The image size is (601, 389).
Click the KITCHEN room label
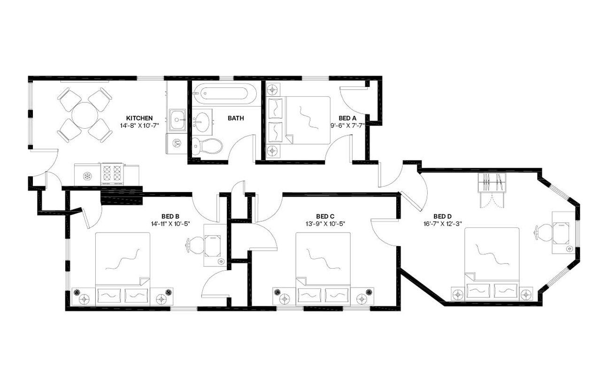[139, 118]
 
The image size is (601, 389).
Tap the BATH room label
[236, 118]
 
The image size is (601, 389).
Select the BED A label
[347, 118]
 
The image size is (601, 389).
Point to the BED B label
[170, 216]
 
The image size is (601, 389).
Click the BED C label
[325, 216]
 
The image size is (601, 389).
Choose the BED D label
[443, 216]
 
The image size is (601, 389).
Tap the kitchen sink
[177, 120]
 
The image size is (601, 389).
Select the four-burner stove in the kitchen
[112, 172]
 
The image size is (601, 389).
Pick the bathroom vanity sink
[203, 121]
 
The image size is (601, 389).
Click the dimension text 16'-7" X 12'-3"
[443, 224]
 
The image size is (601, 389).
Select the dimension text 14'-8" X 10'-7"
[139, 125]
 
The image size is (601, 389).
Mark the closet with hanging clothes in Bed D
[493, 183]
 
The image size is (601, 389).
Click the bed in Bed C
[323, 268]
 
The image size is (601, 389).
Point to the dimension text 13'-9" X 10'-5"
[325, 224]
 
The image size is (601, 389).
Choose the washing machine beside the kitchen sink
[177, 143]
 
